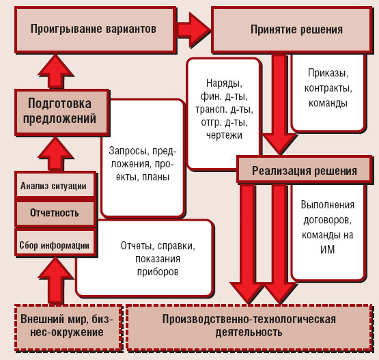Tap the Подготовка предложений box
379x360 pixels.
61,110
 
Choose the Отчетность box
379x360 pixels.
54,212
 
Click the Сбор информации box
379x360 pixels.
55,244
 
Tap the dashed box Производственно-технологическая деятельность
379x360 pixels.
250,325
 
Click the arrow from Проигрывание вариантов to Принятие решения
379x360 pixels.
193,30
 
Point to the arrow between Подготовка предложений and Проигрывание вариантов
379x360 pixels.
61,70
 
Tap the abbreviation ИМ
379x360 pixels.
326,250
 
